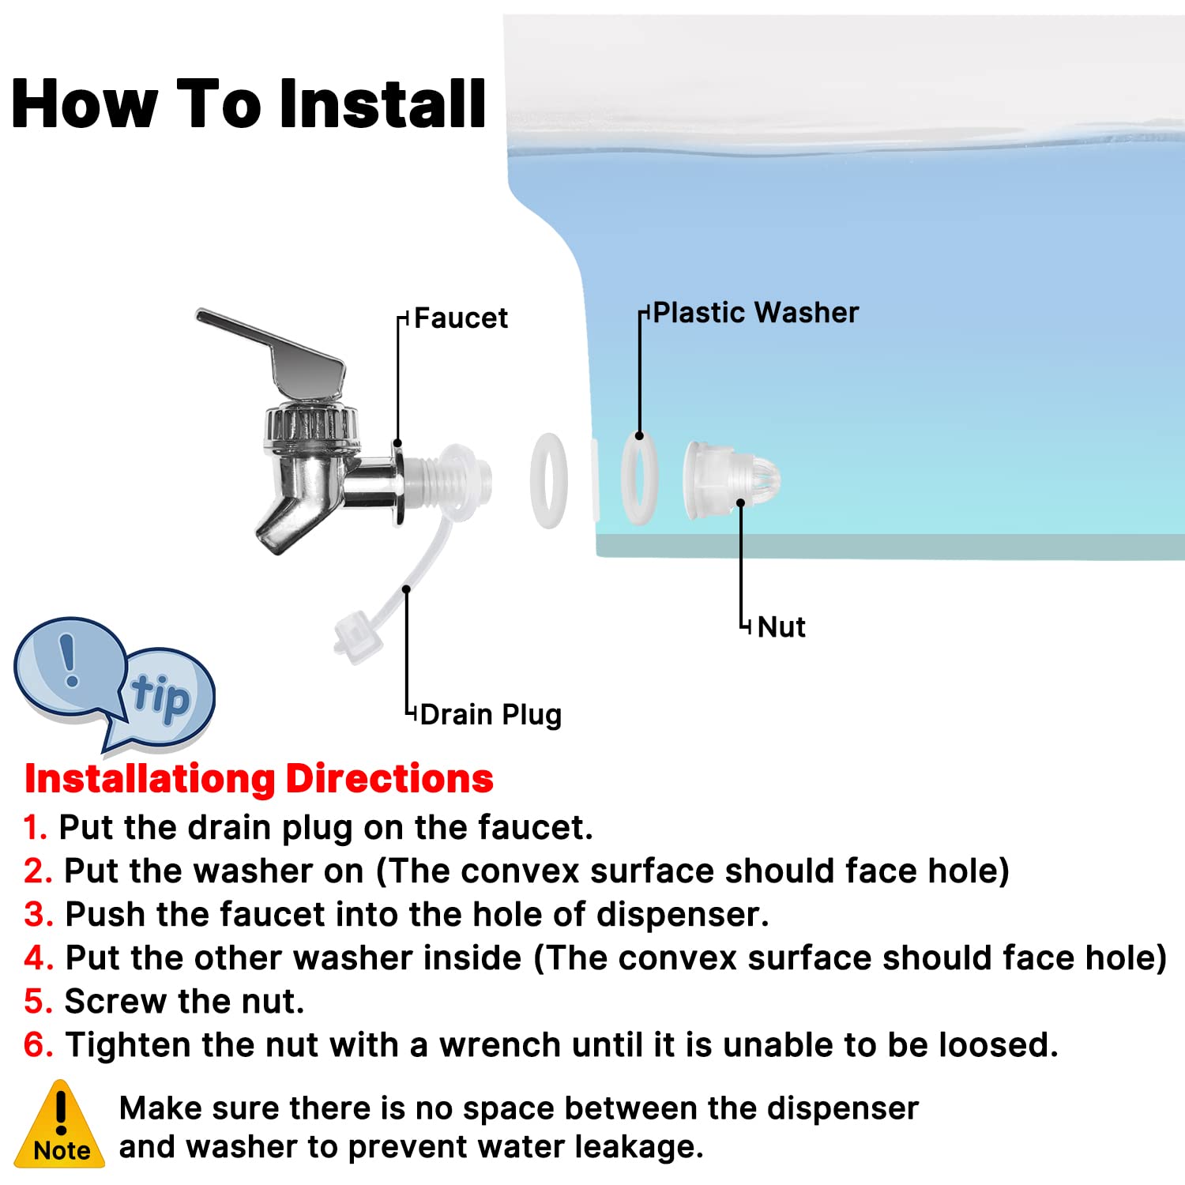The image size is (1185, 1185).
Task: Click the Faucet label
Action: coord(461,318)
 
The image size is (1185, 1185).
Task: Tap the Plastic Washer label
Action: coord(756,313)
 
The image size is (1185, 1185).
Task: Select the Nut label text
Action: coord(781,627)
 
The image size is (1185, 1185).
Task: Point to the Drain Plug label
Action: coord(491,715)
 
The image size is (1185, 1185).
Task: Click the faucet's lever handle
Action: coord(276,348)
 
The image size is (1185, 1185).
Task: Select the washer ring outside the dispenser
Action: coord(548,480)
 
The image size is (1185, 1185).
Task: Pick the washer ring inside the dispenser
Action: coord(639,480)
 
